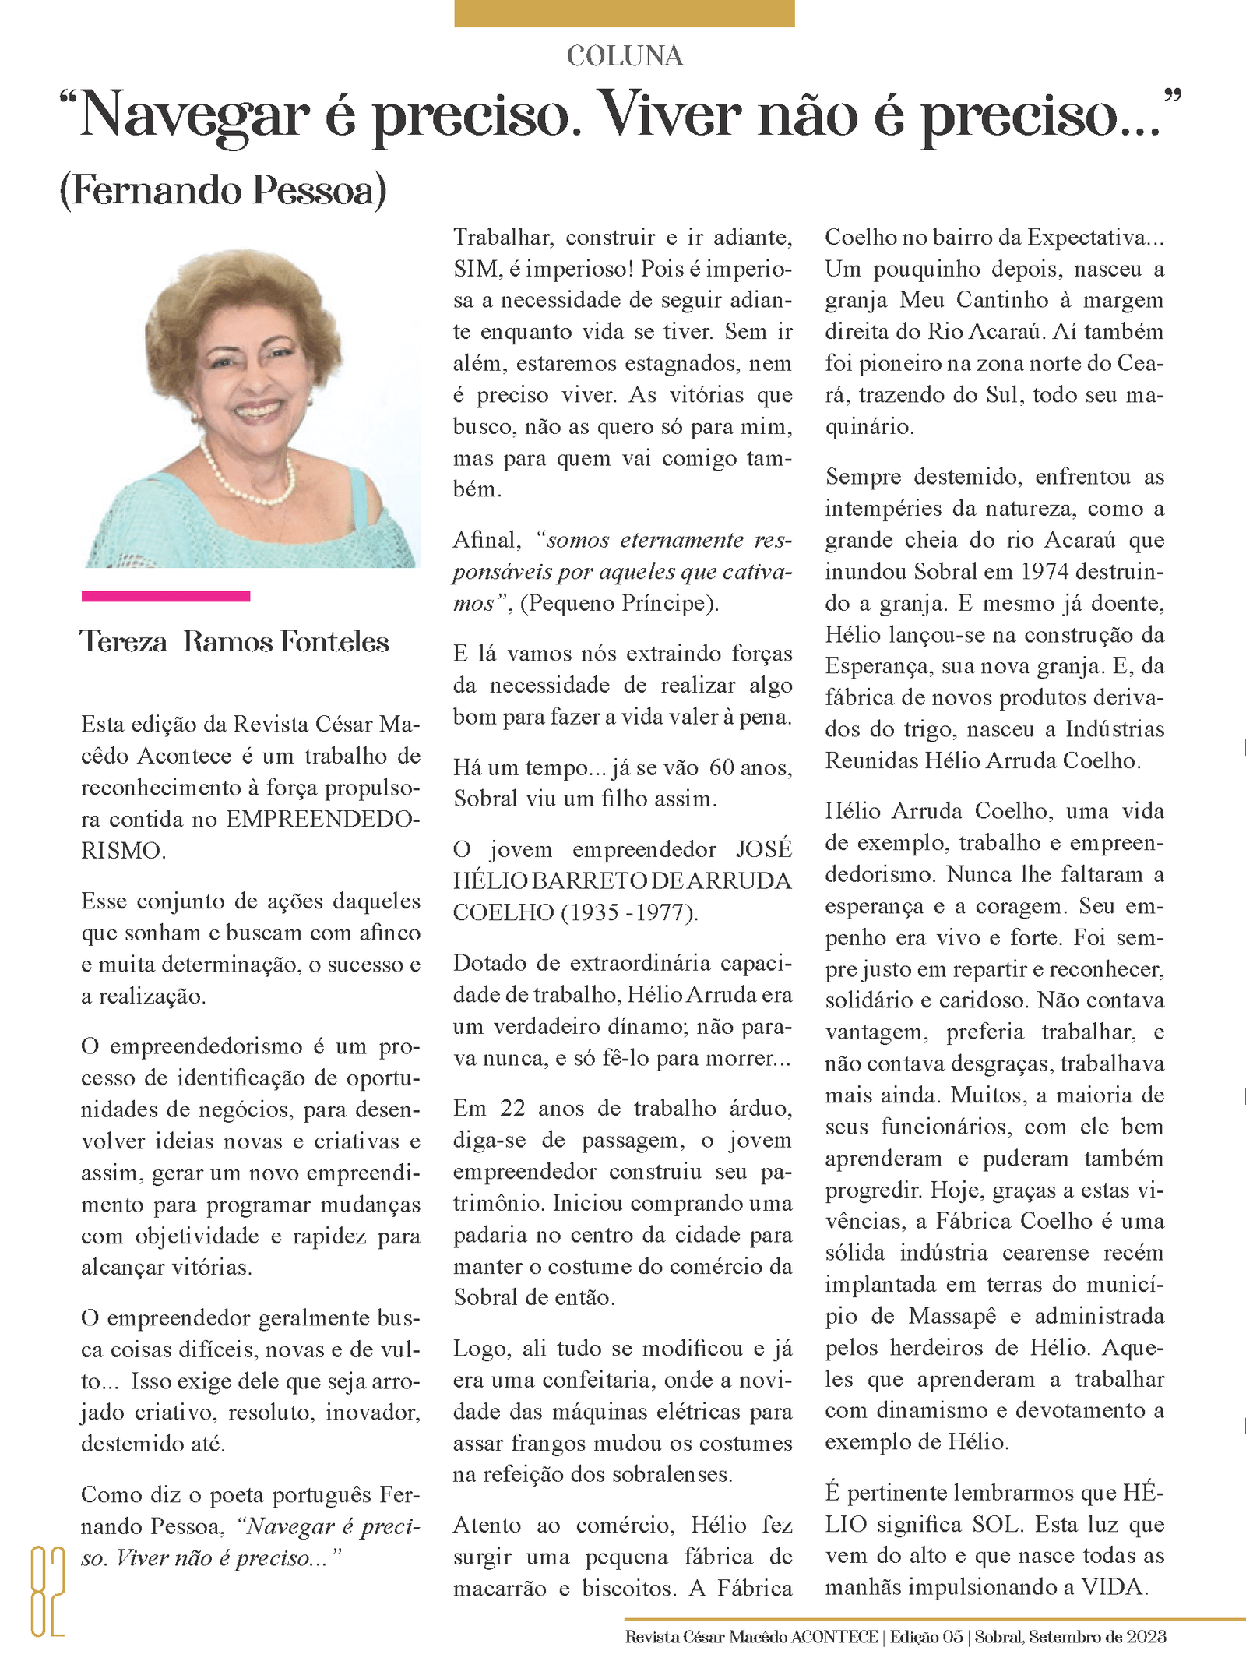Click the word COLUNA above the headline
coord(625,56)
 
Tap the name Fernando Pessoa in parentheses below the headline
coord(224,191)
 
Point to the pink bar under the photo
coord(166,596)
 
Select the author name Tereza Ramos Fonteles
coord(234,642)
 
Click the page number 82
coord(47,1592)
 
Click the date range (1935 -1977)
coord(629,912)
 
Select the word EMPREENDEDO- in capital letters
coord(323,820)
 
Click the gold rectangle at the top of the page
coord(624,13)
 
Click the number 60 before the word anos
coord(722,768)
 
